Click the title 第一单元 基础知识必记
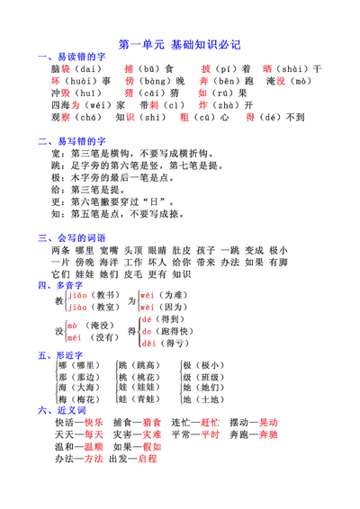pos(180,43)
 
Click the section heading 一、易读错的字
pos(72,56)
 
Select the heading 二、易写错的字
pos(72,141)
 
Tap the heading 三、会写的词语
pos(72,237)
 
